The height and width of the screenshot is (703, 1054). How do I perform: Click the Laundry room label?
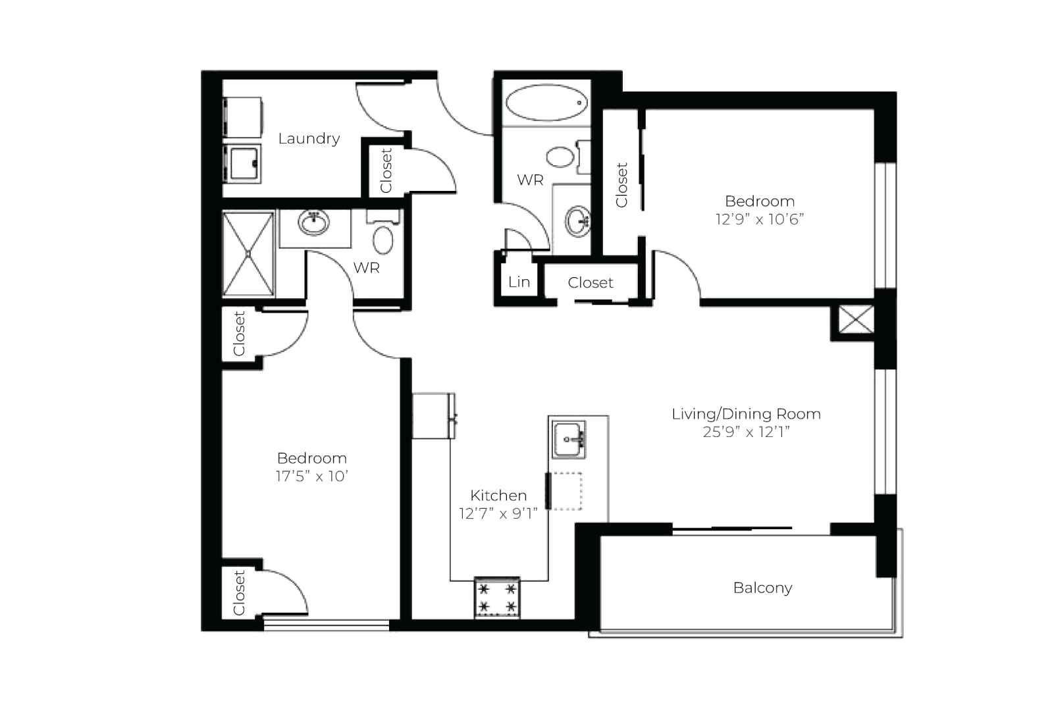[309, 138]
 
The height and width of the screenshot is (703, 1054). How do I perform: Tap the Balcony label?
[763, 588]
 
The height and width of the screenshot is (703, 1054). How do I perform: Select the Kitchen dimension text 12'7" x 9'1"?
[498, 513]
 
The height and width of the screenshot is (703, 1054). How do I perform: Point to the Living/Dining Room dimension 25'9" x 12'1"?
[747, 432]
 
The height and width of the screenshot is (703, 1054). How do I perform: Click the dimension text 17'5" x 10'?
[312, 476]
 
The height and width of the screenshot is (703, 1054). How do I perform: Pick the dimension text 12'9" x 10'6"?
[760, 219]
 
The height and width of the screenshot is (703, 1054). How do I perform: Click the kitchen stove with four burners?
[497, 598]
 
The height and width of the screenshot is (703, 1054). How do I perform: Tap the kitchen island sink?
[568, 440]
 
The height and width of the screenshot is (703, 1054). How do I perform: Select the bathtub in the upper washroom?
[546, 103]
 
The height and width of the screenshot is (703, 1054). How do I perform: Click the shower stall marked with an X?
[248, 254]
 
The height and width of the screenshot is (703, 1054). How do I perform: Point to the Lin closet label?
[519, 282]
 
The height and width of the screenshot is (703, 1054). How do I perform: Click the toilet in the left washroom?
[383, 235]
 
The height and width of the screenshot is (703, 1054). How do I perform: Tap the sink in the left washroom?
[314, 222]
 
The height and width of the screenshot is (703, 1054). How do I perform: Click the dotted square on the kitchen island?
[567, 491]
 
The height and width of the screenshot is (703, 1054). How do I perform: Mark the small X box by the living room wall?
[856, 319]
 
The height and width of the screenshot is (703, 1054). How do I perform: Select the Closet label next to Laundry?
[386, 170]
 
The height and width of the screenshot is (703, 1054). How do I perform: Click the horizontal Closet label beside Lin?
[591, 282]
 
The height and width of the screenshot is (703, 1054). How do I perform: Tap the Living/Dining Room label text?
[747, 414]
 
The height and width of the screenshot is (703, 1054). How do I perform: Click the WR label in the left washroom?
[366, 268]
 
